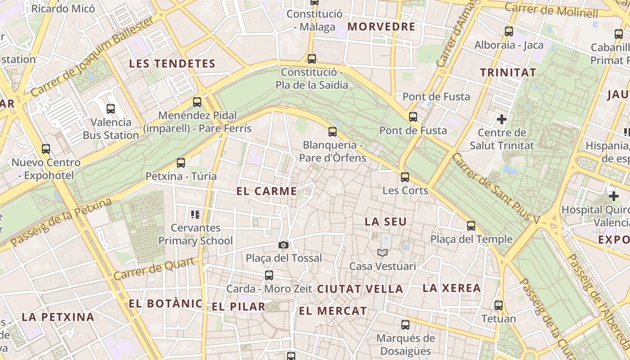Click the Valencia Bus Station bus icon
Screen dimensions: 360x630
[x=111, y=108]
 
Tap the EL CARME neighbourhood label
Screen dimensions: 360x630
[x=266, y=191]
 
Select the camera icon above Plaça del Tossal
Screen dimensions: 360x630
[x=283, y=245]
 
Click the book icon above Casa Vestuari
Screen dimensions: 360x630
[x=382, y=253]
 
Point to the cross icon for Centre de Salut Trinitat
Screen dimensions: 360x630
[x=502, y=119]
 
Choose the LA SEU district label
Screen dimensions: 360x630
[x=386, y=221]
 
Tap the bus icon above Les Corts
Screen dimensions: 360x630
[x=405, y=177]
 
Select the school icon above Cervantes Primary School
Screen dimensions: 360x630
[x=195, y=214]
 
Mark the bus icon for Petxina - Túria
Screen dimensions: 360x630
[x=181, y=163]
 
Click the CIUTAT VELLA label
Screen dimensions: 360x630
[x=360, y=289]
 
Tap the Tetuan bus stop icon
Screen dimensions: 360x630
[x=499, y=306]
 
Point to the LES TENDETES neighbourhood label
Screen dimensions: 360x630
[x=172, y=64]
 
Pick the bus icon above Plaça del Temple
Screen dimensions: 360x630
[x=471, y=226]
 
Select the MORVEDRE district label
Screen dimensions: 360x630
[x=381, y=27]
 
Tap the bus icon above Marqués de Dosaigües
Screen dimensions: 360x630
[x=405, y=325]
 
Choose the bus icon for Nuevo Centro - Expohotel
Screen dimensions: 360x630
[x=46, y=149]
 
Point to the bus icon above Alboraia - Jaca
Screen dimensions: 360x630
[x=509, y=31]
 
